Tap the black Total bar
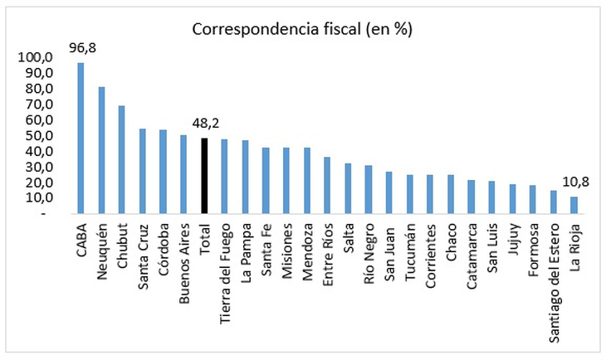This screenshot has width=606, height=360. (204, 175)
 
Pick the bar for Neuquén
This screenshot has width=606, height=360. (101, 149)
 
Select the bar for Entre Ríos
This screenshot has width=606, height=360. (327, 185)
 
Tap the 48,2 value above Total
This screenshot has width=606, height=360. (204, 124)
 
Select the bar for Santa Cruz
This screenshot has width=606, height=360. (142, 171)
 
